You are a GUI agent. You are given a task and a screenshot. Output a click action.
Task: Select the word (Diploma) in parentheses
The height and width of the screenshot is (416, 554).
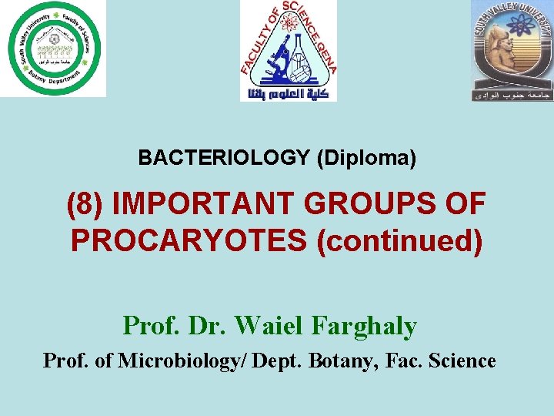pos(366,158)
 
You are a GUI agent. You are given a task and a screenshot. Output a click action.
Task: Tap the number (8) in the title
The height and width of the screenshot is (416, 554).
pos(85,204)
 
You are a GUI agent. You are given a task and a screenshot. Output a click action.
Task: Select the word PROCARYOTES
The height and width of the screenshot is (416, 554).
pos(189,241)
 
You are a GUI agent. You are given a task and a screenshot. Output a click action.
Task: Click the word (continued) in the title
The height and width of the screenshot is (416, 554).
pos(399,241)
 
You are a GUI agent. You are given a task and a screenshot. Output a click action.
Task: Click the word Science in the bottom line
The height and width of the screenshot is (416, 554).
pos(462,361)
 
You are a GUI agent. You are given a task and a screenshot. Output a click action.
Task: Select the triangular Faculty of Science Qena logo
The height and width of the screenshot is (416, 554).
pos(289,46)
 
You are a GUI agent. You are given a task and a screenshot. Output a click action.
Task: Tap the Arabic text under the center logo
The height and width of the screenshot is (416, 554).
pos(289,95)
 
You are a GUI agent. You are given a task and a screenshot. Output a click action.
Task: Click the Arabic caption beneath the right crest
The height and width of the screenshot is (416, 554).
pos(512,96)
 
